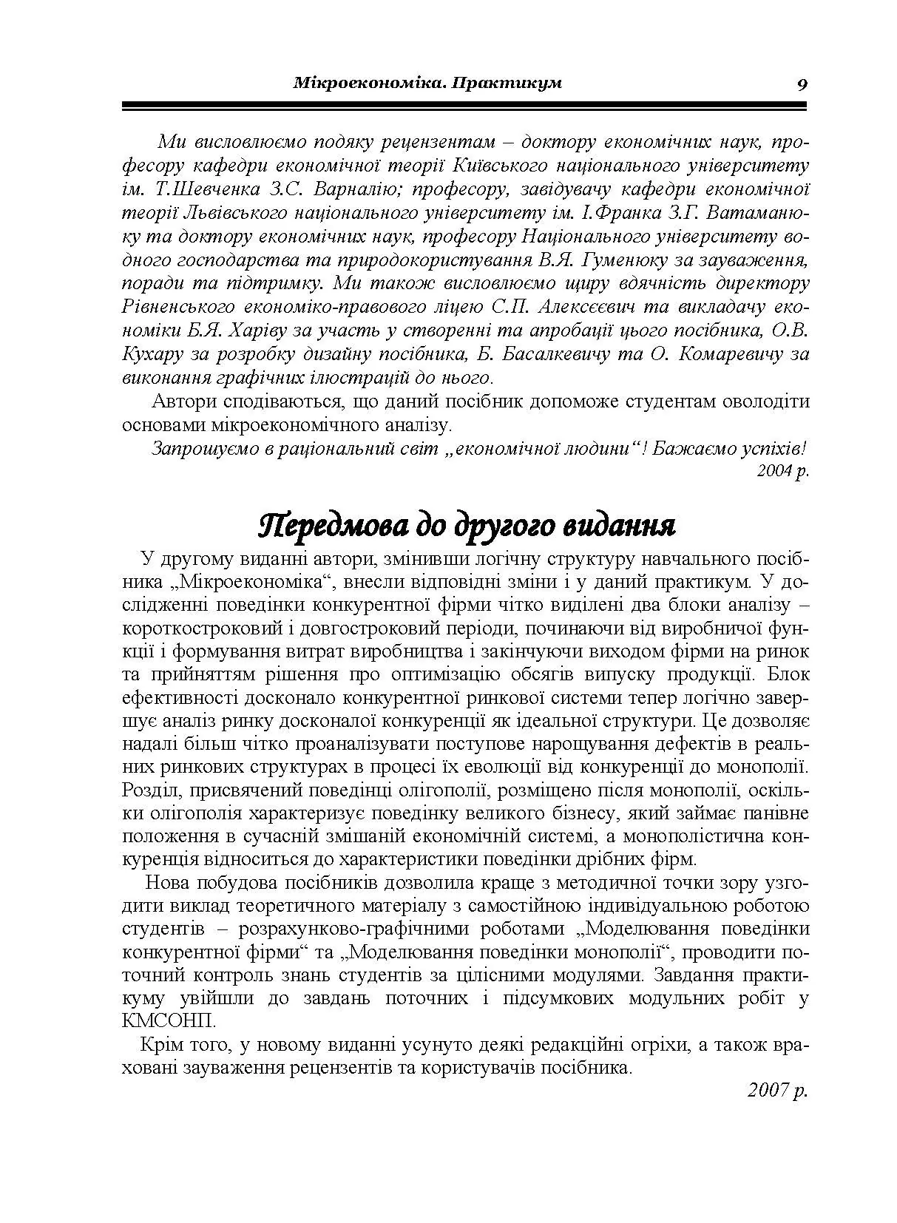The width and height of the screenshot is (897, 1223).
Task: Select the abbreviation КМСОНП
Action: [x=168, y=1021]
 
